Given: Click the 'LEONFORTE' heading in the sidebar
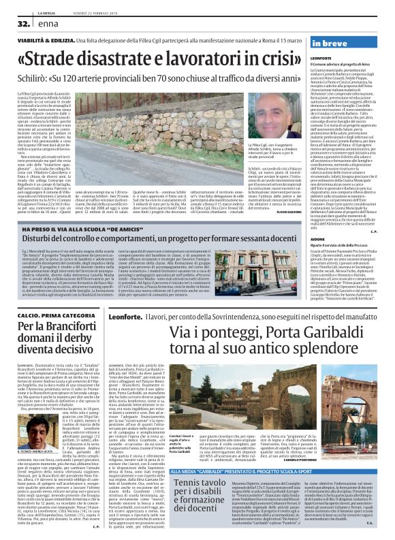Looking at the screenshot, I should tap(319, 59).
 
